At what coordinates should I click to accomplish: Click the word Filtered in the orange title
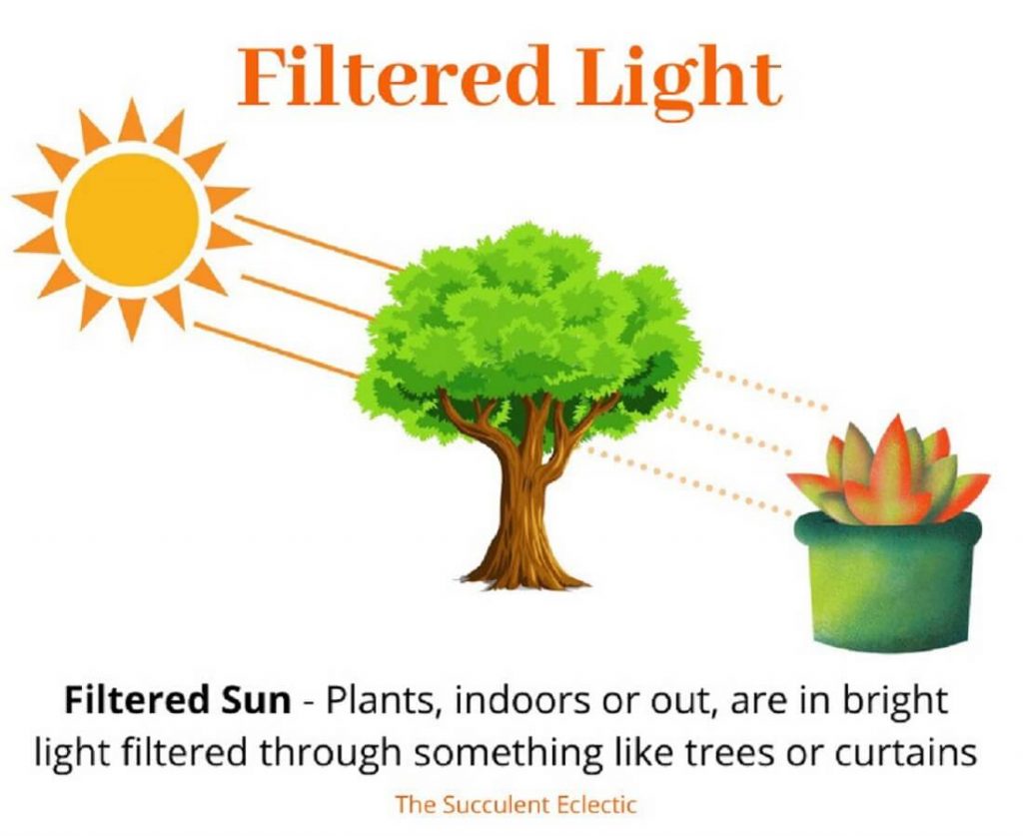click(394, 77)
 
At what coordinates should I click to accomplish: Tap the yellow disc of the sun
click(133, 219)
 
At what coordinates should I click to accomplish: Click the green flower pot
click(887, 580)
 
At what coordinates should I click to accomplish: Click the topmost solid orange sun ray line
click(318, 243)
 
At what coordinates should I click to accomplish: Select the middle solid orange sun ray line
click(307, 298)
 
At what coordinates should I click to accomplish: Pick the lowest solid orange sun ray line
click(277, 351)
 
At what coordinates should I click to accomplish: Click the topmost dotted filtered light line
click(763, 390)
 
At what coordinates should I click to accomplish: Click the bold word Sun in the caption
click(251, 700)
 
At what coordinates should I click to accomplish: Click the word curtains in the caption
click(906, 753)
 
